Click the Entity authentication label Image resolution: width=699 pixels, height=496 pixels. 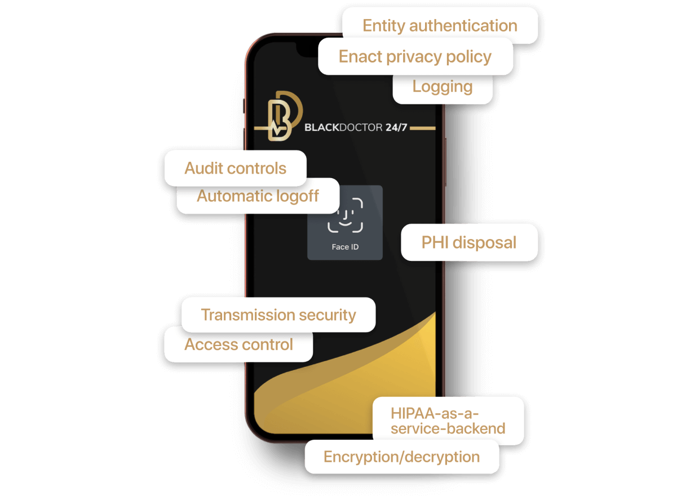click(x=440, y=26)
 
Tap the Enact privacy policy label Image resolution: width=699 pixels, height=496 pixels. click(x=415, y=56)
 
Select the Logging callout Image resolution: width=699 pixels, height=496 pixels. click(x=443, y=87)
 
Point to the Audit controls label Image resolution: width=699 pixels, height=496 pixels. click(x=235, y=168)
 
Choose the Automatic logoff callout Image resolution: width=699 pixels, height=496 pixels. click(x=258, y=196)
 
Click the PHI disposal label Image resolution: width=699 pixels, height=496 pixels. click(x=469, y=242)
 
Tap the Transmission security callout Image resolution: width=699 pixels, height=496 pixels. click(x=278, y=315)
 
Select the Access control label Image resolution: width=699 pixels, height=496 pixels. click(x=238, y=344)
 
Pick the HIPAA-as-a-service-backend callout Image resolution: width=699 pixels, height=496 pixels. click(x=448, y=420)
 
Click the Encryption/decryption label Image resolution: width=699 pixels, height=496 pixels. click(x=401, y=457)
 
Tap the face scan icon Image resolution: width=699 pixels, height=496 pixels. click(x=345, y=215)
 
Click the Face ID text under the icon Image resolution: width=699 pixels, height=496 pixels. click(x=345, y=247)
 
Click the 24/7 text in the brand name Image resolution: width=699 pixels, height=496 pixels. click(x=396, y=128)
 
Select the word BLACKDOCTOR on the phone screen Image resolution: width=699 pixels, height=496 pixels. click(x=343, y=128)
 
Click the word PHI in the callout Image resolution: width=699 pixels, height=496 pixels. click(x=435, y=242)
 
